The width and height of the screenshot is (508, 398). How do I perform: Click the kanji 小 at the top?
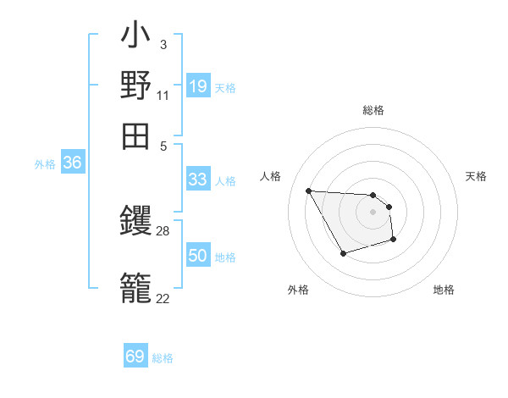tap(135, 38)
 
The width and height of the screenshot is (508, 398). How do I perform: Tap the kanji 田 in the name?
tap(135, 135)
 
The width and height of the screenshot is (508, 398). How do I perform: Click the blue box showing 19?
tap(197, 86)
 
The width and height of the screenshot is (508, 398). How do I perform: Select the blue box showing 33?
tap(197, 180)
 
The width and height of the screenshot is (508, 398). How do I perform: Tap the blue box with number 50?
tap(197, 256)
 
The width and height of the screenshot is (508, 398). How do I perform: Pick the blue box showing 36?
tap(72, 163)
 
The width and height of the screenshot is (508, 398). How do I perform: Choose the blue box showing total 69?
tap(135, 357)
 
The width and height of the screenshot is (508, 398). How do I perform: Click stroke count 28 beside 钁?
tap(163, 230)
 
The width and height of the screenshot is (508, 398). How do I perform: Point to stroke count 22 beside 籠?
tap(163, 297)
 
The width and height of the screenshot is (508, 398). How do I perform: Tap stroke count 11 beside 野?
tap(163, 95)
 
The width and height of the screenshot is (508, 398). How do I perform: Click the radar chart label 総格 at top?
tap(373, 110)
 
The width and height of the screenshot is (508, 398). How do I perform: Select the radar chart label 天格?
tap(477, 176)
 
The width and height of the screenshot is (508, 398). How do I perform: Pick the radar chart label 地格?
tap(444, 290)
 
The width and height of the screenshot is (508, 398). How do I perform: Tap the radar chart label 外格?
tap(298, 290)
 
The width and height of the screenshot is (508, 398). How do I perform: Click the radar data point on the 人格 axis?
tap(309, 191)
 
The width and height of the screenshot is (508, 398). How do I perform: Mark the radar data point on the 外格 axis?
tap(342, 253)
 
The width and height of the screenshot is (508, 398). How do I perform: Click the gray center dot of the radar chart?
tap(373, 212)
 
